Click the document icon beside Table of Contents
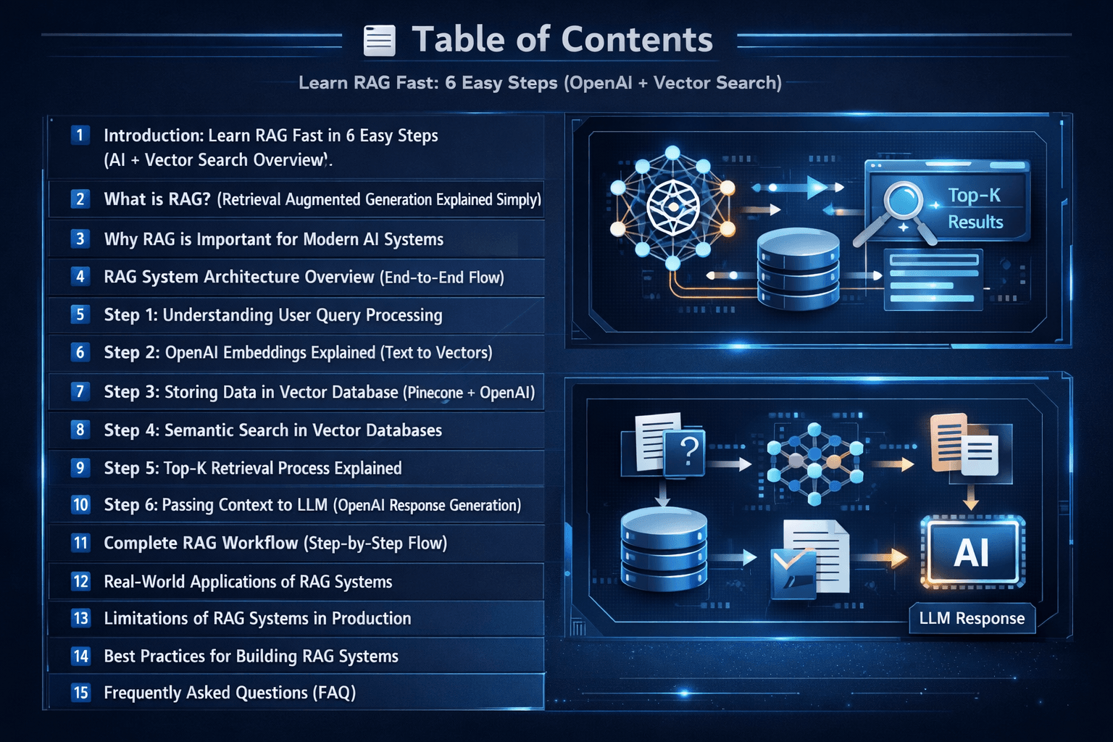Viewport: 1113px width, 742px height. pos(379,41)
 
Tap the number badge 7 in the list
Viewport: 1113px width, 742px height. pos(80,392)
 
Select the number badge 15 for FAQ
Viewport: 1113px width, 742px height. pos(80,693)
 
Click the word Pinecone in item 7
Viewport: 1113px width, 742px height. pos(435,393)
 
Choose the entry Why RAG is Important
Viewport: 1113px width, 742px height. pos(273,240)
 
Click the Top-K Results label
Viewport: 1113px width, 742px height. pos(975,209)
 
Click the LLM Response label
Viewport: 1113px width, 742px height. pos(972,619)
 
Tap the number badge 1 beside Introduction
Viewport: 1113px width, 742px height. pos(80,136)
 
